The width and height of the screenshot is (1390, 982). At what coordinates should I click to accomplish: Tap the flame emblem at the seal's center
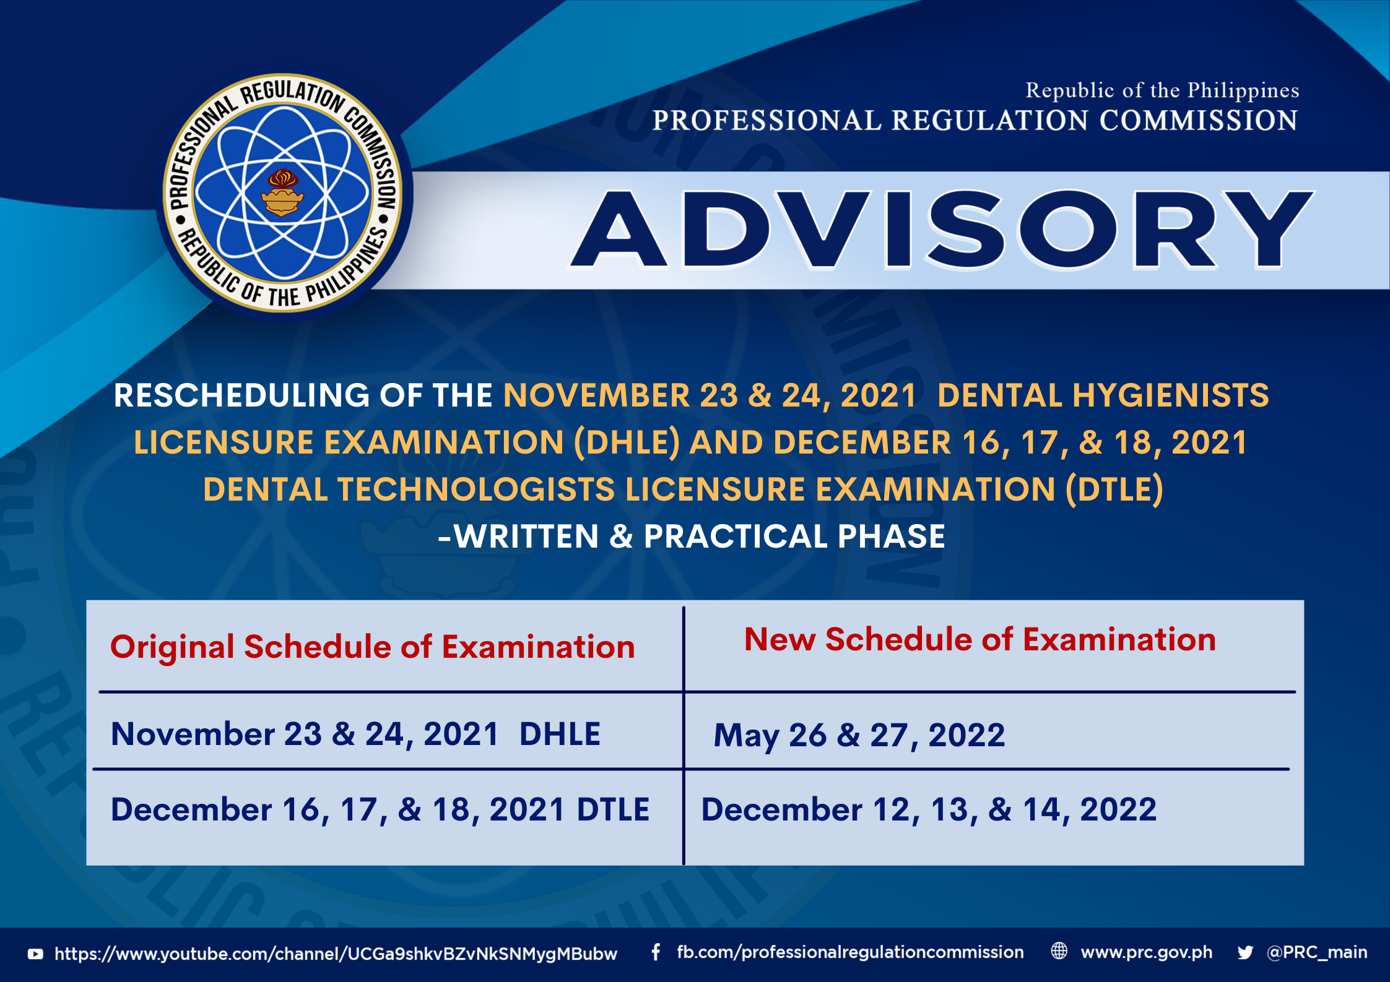coord(282,192)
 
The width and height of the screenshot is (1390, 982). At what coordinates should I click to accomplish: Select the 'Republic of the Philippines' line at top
coord(1162,91)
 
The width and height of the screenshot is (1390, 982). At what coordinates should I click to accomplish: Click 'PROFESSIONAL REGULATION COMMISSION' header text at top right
coord(975,120)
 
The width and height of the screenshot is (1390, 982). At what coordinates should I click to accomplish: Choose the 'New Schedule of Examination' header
coord(980,639)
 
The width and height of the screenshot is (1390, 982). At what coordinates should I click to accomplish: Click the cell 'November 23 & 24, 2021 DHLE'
coord(355,734)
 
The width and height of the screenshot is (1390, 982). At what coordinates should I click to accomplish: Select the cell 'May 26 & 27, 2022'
coord(859,736)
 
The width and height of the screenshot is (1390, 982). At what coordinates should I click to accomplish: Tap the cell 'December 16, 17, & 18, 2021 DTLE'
coord(380,809)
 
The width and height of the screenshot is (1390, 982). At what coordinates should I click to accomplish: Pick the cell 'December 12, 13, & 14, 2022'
coord(929,809)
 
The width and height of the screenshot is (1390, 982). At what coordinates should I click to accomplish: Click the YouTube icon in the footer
coord(35,954)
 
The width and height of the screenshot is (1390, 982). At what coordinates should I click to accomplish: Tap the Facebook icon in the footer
coord(656,952)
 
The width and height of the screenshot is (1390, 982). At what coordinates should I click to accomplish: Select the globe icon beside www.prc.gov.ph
coord(1059,951)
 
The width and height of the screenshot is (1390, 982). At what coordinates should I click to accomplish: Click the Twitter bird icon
coord(1245,952)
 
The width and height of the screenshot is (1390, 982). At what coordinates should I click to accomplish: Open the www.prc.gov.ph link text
coord(1147,952)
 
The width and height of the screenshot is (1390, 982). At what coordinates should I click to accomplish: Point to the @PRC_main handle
coord(1317,952)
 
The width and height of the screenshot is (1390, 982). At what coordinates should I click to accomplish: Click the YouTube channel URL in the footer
coord(336,954)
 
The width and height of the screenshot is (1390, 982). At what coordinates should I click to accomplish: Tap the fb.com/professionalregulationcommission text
coord(850,952)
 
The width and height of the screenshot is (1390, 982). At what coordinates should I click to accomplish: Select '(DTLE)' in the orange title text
coord(1114,489)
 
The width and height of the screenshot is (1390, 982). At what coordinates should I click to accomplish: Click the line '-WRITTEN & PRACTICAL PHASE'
coord(692,536)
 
